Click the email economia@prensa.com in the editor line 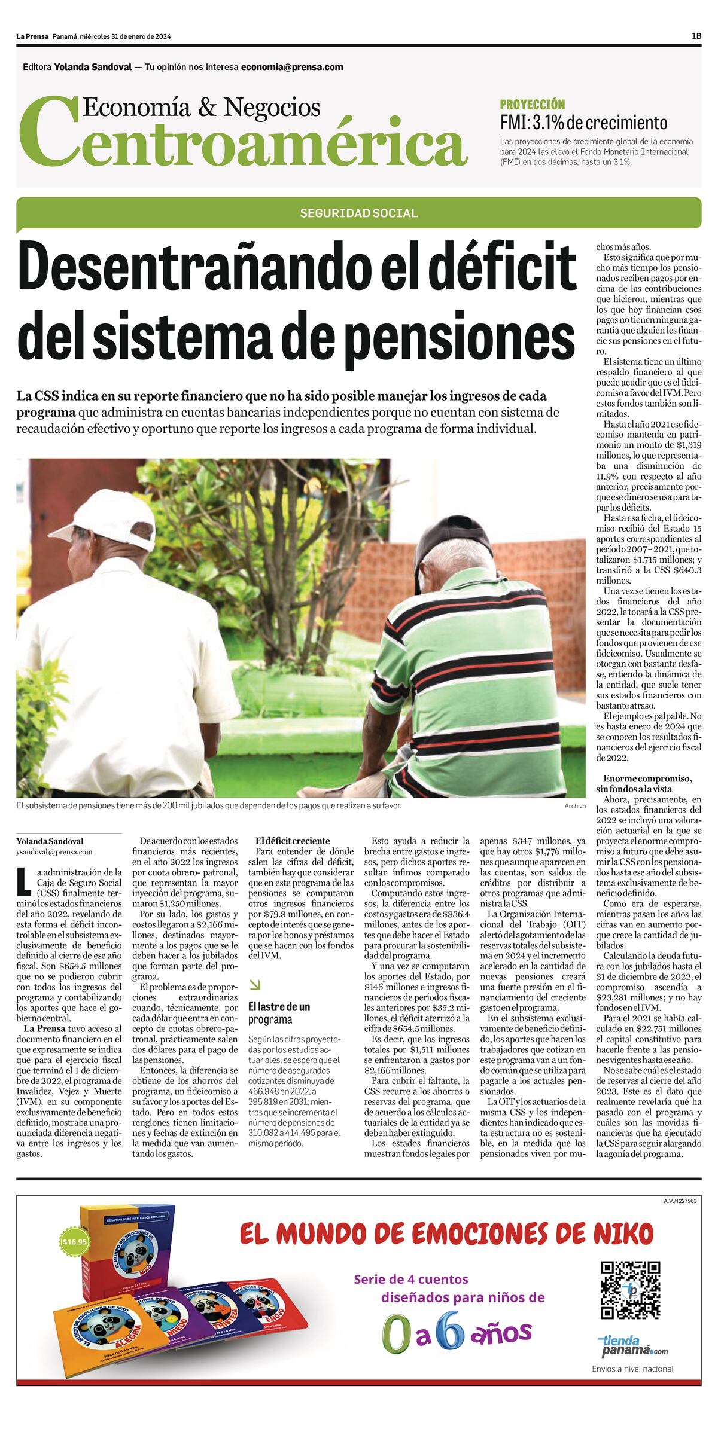292,67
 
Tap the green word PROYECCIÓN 532,105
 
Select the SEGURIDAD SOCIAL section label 358,213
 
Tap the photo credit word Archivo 574,806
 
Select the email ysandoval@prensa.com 54,851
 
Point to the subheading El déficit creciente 293,841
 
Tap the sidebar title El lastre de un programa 279,1012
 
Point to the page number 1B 696,36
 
